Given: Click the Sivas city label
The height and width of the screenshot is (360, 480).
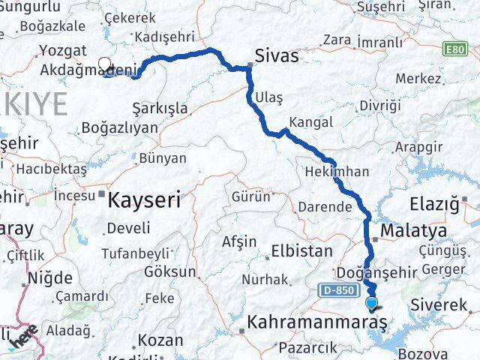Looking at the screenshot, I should click(x=276, y=56).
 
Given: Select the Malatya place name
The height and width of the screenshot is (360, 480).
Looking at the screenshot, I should click(x=413, y=229).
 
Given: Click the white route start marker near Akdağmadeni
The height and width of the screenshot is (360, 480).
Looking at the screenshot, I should click(x=104, y=64).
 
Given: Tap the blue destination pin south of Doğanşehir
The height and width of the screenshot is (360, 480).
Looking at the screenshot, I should click(x=373, y=303).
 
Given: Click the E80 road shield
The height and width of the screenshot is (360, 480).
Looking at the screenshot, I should click(x=454, y=49).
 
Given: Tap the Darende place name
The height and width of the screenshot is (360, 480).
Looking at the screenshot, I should click(x=325, y=206).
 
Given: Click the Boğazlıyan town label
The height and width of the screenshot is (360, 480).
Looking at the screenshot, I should click(x=120, y=127).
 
